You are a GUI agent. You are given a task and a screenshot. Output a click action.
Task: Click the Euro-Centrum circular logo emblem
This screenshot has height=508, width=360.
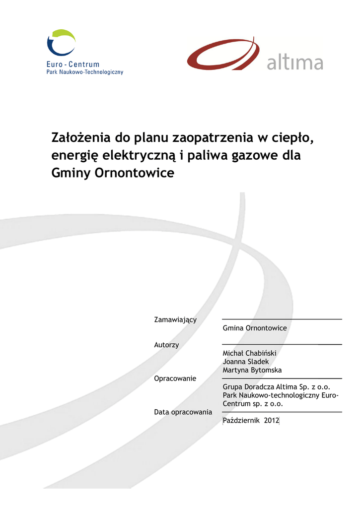click(61, 43)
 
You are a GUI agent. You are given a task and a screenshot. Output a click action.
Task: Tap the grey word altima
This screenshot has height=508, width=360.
click(295, 63)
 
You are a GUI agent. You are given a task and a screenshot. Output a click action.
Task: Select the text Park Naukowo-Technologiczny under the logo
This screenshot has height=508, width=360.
click(84, 72)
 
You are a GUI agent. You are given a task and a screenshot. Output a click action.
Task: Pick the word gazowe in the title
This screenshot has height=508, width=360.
click(255, 156)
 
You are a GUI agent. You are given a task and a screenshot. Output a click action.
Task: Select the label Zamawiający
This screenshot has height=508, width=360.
click(175, 319)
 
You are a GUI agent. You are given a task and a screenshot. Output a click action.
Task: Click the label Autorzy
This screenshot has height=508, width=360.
click(167, 345)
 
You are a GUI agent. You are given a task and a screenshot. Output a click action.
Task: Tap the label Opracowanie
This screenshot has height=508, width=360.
click(175, 379)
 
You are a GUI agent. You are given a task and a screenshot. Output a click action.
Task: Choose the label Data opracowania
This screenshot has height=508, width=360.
click(183, 412)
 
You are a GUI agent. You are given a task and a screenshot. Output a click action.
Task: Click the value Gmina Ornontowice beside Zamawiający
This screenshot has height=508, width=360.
click(255, 328)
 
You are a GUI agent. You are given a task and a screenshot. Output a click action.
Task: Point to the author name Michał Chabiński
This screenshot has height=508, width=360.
click(249, 353)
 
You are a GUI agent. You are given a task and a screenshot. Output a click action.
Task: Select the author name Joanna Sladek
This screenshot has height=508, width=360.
click(246, 362)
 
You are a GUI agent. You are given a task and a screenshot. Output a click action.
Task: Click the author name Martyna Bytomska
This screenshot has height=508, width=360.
click(252, 370)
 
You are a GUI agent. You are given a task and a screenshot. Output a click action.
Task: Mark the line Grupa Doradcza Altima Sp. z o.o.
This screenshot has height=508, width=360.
click(277, 387)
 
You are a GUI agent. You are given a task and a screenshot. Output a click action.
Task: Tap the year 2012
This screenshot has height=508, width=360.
click(272, 421)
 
